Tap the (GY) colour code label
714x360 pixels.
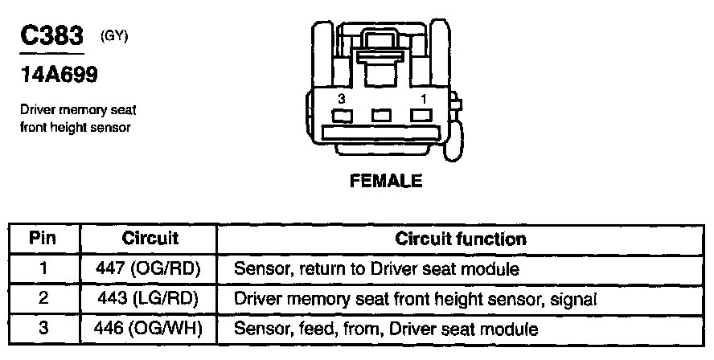(x=113, y=35)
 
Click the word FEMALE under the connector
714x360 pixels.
(x=386, y=181)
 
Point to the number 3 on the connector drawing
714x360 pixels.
(x=342, y=98)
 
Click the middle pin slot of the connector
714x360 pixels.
(x=381, y=115)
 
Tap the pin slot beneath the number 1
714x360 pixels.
(x=420, y=115)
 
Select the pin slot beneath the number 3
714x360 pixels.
(x=343, y=115)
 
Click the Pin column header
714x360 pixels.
(x=43, y=239)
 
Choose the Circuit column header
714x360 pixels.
(x=150, y=239)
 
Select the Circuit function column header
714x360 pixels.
(x=461, y=239)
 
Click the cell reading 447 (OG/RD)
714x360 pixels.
(x=150, y=269)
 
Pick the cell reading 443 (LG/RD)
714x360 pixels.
(x=150, y=299)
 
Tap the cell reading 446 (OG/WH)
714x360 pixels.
(x=150, y=329)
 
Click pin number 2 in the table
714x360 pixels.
(x=43, y=299)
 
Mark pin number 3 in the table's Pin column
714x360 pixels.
(x=43, y=329)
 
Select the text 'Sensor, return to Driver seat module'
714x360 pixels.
(x=376, y=269)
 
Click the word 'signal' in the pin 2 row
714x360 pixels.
(x=575, y=299)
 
